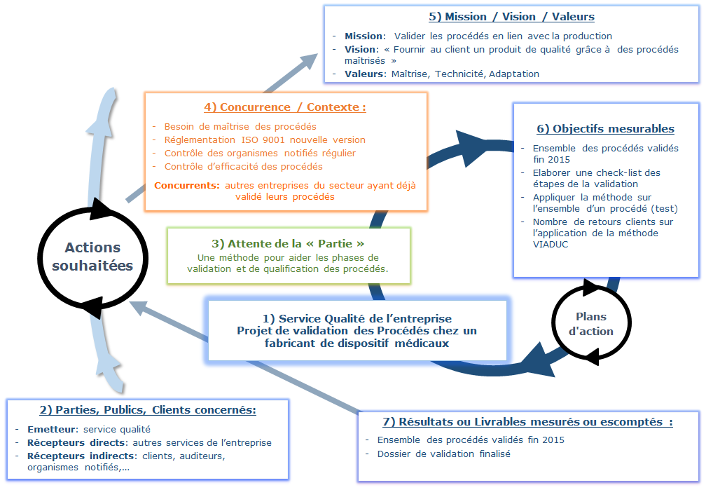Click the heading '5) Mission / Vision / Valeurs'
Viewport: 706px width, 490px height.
click(x=511, y=17)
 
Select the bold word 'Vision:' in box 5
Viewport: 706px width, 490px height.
click(x=360, y=49)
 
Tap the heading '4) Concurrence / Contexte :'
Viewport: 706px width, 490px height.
click(x=285, y=107)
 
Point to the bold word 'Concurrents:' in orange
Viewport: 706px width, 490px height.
click(x=184, y=185)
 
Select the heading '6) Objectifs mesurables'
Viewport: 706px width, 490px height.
click(x=605, y=128)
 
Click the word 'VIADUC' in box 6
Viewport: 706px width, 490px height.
click(x=551, y=244)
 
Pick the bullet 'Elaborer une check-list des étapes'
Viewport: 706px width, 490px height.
click(x=596, y=172)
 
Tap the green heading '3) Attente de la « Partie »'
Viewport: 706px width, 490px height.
click(x=288, y=243)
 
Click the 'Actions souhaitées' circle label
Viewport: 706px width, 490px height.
click(x=92, y=257)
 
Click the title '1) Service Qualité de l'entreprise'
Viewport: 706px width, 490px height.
click(x=357, y=319)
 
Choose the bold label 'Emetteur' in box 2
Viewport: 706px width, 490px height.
click(x=53, y=429)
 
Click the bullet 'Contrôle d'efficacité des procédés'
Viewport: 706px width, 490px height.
click(x=243, y=166)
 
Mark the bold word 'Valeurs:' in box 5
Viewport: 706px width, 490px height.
click(x=365, y=74)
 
